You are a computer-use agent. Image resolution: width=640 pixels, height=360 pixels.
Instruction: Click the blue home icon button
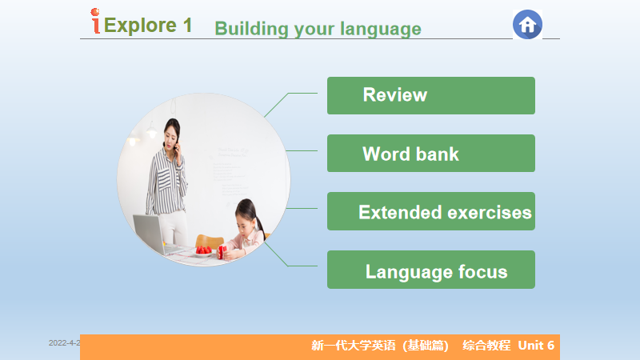tap(527, 25)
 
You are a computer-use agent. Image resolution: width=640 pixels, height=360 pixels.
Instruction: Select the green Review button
tap(431, 95)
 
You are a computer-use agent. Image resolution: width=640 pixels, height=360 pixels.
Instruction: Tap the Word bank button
tap(431, 153)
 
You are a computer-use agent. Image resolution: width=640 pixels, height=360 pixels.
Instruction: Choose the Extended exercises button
tap(431, 211)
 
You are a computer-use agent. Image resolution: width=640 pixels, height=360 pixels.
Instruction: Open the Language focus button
tap(431, 270)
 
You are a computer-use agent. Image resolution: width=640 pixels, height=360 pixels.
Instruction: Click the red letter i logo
tap(95, 21)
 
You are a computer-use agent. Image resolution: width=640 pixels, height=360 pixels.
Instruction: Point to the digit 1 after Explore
tap(187, 26)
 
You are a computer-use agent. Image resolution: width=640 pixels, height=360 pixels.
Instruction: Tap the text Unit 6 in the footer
tap(536, 346)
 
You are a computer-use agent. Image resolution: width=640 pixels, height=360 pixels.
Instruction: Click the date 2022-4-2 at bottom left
tap(65, 343)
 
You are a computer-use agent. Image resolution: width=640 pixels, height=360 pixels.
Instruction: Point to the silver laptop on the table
tap(152, 234)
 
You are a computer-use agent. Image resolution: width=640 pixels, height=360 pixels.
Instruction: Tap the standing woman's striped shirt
tap(167, 182)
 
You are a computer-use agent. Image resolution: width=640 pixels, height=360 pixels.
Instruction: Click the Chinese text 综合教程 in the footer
tap(486, 346)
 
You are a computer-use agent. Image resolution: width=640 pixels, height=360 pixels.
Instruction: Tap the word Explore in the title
tap(140, 26)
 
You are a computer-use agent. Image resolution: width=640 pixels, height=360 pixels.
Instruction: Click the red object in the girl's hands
tap(222, 251)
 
